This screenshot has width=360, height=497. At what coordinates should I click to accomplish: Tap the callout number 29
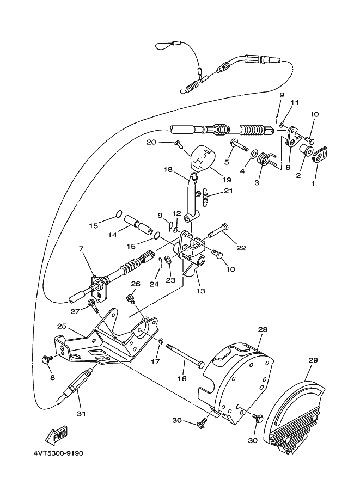(313, 360)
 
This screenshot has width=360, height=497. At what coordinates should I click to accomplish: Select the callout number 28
(263, 330)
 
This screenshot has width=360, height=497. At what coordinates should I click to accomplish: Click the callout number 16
(182, 378)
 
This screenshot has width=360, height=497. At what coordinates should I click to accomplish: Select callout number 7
(81, 249)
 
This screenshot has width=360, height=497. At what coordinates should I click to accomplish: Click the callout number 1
(313, 183)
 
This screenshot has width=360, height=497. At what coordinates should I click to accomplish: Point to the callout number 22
(241, 248)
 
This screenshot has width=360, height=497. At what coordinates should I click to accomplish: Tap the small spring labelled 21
(206, 197)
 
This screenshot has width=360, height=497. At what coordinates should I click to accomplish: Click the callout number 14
(112, 235)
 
